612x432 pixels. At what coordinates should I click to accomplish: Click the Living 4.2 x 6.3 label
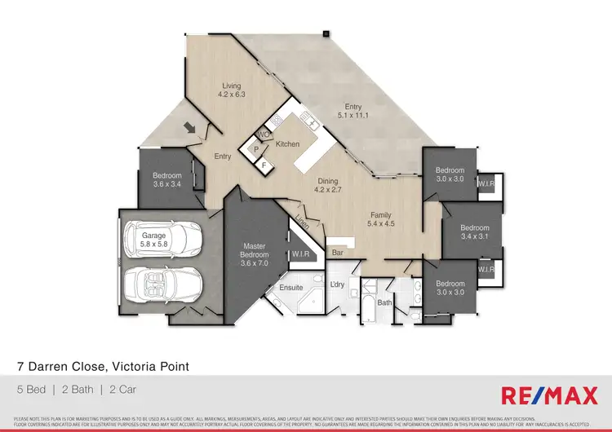pos(232,90)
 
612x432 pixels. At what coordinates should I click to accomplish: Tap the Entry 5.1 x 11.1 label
pos(353,112)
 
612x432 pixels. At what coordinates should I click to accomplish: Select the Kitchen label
pos(288,144)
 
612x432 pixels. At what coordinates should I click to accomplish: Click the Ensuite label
pos(291,288)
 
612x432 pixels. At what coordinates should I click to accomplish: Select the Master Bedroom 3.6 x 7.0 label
pos(255,254)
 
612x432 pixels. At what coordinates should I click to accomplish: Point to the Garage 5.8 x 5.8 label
pos(153,240)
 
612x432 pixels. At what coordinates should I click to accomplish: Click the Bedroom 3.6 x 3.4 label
pos(166,179)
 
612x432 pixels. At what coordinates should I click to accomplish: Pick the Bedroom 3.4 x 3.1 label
pos(474,232)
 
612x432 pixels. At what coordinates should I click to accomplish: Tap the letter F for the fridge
pos(264,165)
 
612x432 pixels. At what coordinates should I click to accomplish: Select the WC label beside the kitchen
pos(263,134)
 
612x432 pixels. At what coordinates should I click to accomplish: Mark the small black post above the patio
pos(325,34)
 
